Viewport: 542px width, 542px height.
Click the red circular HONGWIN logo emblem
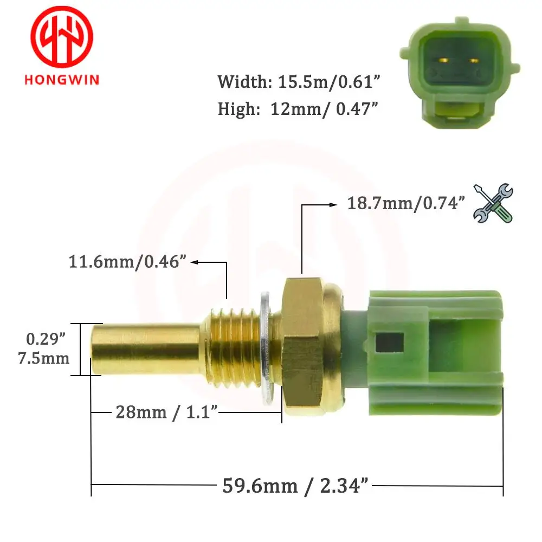click(61, 36)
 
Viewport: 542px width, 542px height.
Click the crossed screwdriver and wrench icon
click(493, 203)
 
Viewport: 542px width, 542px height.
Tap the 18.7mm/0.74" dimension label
click(406, 204)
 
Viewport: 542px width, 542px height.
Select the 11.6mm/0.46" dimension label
click(128, 262)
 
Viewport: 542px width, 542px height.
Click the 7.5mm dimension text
click(48, 358)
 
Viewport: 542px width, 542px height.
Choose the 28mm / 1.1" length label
click(167, 412)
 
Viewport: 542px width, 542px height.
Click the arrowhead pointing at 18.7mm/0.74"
click(332, 204)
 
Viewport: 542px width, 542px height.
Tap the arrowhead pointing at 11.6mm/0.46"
click(193, 262)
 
